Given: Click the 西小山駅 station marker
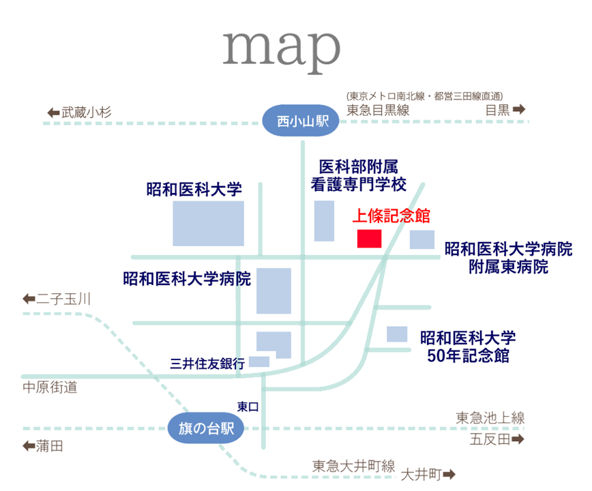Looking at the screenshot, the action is (x=301, y=121).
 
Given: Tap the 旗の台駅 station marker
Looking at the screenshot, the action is (x=206, y=428).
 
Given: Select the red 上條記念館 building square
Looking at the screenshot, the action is (x=369, y=239).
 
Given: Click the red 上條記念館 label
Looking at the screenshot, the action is (x=391, y=215).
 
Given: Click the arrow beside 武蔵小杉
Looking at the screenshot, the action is (x=54, y=113).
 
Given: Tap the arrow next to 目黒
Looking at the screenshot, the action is (x=519, y=109).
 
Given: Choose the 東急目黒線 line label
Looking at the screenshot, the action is (x=378, y=110).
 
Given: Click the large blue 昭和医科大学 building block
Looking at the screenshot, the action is (x=209, y=224).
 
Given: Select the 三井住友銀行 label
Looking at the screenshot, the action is (x=207, y=363).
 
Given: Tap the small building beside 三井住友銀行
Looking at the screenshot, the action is (x=259, y=361).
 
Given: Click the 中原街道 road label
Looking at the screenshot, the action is (x=50, y=387).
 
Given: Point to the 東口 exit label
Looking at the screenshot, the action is (x=248, y=406).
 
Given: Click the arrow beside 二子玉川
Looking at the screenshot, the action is (x=29, y=299).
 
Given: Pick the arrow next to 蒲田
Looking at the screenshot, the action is (x=29, y=446).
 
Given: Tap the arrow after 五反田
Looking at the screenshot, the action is (x=518, y=439).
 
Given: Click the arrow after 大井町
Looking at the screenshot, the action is (x=449, y=474).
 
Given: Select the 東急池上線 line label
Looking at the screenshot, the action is (x=490, y=418).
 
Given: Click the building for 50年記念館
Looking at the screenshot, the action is (x=397, y=334).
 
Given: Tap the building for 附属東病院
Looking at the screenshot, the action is (x=422, y=239).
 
